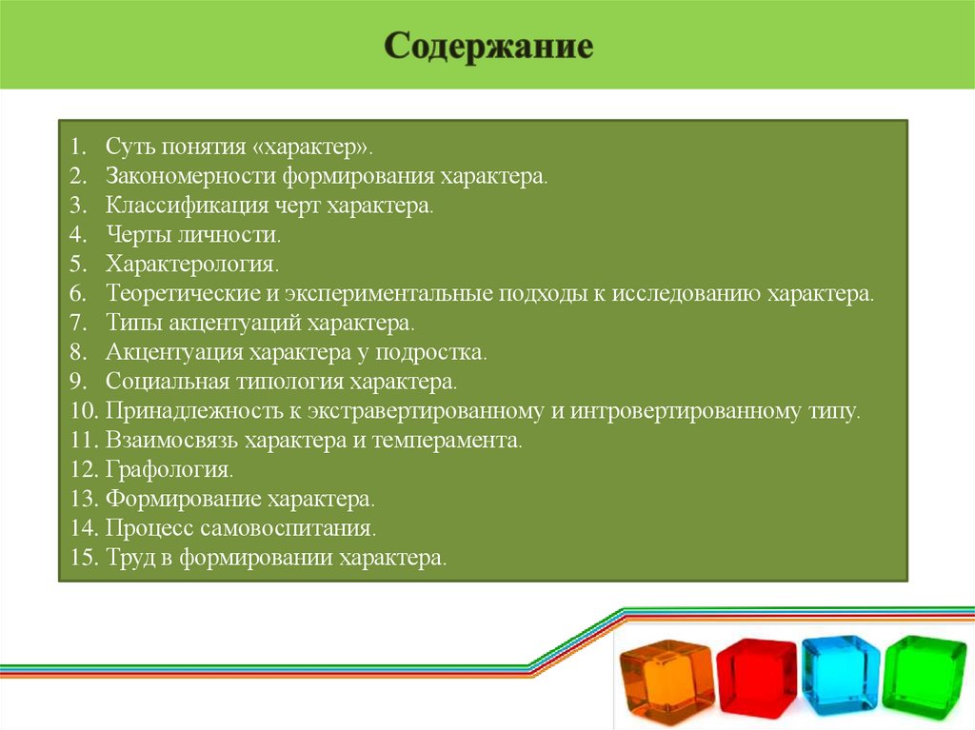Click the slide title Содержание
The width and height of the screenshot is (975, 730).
point(488,47)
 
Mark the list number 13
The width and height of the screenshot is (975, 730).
point(83,499)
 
